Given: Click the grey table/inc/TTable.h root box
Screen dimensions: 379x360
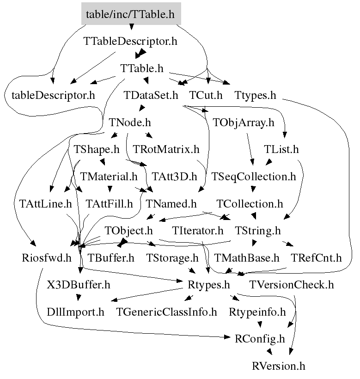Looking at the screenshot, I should tap(130, 14).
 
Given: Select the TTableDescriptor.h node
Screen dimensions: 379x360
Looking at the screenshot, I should tap(130, 41).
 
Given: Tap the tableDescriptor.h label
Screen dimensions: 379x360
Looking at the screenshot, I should tap(53, 96).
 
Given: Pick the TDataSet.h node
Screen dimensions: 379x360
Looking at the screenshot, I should tap(151, 96).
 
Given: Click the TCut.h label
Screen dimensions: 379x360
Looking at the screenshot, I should tap(206, 96).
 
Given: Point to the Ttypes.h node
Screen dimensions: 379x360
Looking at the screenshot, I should tap(255, 96).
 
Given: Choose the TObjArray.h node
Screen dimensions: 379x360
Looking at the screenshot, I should tap(244, 123).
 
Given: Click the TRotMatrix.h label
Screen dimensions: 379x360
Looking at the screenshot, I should tap(166, 150).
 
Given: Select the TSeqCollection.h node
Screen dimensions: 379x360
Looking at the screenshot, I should tap(253, 177).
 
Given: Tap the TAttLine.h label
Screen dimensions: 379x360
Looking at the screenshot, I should tap(45, 203).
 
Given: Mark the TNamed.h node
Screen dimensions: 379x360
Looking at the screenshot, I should tap(171, 203).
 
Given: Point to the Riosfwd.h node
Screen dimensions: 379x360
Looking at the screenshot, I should tap(47, 257).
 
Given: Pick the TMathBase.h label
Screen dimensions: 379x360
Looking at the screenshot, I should tap(247, 257).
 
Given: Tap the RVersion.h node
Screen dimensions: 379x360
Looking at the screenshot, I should tap(279, 366).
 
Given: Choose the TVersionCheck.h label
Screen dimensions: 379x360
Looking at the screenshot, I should tap(291, 284).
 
